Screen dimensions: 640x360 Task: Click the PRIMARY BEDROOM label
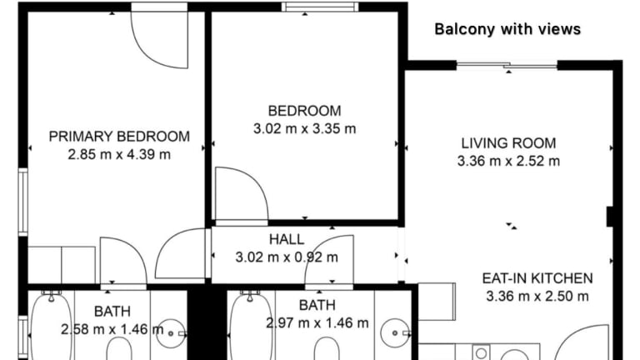pos(119,137)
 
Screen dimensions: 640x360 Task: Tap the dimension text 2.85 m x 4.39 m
pos(119,155)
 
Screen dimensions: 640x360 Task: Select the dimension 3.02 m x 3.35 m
pos(304,129)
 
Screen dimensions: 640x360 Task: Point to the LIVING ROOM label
pos(508,143)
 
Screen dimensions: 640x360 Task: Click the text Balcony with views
pos(507,29)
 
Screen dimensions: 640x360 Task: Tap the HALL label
pos(287,239)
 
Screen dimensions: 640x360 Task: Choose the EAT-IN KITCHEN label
pos(537,278)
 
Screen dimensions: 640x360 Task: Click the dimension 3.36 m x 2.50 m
pos(537,297)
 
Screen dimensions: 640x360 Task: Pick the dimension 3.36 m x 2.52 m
pos(508,161)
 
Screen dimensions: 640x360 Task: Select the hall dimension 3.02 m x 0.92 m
pos(287,257)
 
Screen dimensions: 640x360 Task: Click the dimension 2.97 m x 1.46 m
pos(317,323)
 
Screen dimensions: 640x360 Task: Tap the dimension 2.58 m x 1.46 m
pos(112,329)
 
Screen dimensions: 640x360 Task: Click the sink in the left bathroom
pos(171,333)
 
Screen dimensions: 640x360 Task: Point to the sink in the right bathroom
pos(395,333)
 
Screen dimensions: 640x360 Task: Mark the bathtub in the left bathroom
pos(52,327)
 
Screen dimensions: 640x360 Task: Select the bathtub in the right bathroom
pos(251,327)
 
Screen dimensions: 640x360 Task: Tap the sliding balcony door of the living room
pos(507,65)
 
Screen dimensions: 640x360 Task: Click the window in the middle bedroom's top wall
pos(320,7)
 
